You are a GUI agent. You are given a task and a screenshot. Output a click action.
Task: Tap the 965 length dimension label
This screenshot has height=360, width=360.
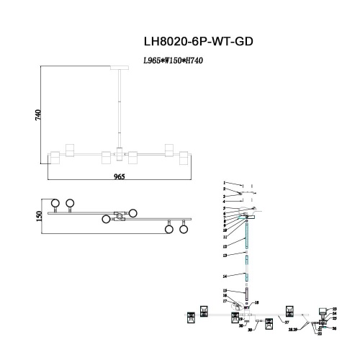tap(119, 176)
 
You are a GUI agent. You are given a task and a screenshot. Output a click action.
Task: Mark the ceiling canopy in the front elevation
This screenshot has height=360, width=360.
tap(118, 68)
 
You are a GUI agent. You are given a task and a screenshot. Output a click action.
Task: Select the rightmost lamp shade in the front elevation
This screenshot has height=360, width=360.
tap(184, 157)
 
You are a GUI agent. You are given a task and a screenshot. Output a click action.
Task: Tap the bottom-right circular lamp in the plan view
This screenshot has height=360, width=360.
tap(184, 230)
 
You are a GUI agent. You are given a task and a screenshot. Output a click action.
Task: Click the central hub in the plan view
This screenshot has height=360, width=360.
tap(119, 215)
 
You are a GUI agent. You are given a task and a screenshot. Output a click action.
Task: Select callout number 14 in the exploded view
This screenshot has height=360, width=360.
tap(225, 276)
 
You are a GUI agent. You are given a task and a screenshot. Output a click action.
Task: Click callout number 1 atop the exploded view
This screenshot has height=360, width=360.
tap(224, 184)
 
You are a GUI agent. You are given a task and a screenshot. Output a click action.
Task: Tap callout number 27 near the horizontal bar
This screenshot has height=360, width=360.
tap(287, 323)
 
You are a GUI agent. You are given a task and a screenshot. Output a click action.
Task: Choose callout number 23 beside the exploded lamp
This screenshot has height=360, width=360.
tap(334, 309)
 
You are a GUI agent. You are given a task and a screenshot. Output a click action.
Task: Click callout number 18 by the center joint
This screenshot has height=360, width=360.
tap(258, 303)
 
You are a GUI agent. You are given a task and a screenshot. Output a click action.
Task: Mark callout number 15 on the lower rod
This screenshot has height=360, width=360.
tap(225, 290)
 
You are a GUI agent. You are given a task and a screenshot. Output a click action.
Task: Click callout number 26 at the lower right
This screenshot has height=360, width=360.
tap(334, 328)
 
